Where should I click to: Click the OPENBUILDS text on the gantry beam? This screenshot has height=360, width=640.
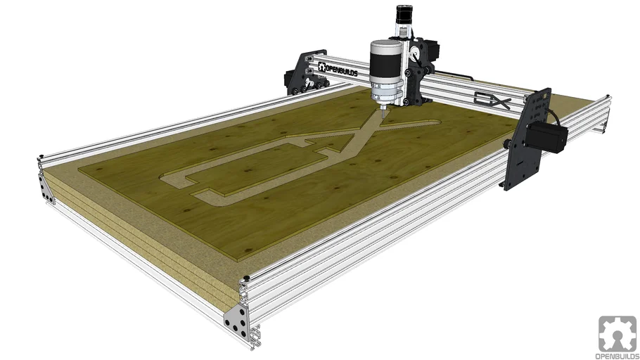tap(342, 70)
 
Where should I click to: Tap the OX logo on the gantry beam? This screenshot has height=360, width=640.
tap(491, 102)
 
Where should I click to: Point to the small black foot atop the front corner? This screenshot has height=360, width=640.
tap(246, 279)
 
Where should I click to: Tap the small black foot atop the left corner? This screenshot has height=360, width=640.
tap(44, 156)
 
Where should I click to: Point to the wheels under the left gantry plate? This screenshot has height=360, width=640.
tap(299, 88)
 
